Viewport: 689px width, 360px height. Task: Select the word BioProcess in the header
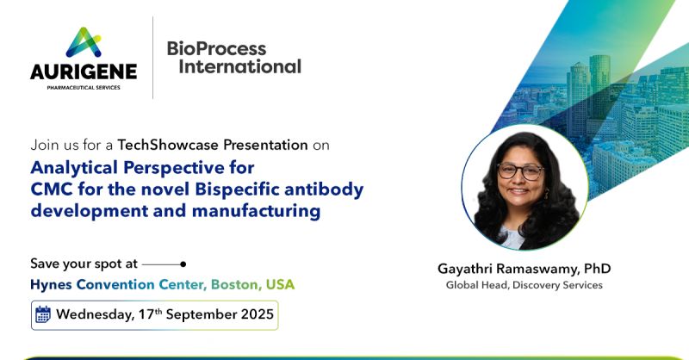(216, 48)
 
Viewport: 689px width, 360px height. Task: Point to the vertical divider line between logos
(153, 57)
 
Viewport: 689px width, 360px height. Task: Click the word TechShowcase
(165, 145)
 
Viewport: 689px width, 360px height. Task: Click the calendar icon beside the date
(43, 314)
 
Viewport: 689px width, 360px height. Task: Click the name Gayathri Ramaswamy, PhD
(524, 268)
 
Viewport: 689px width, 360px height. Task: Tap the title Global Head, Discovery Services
(524, 285)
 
